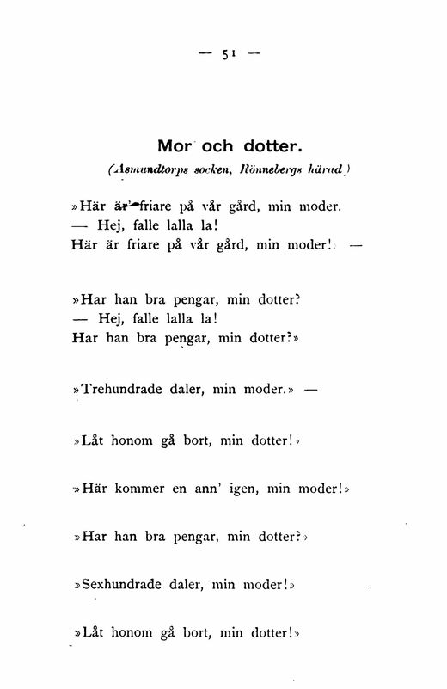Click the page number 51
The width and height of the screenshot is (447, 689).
(x=229, y=53)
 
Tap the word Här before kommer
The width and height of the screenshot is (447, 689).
(x=93, y=489)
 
